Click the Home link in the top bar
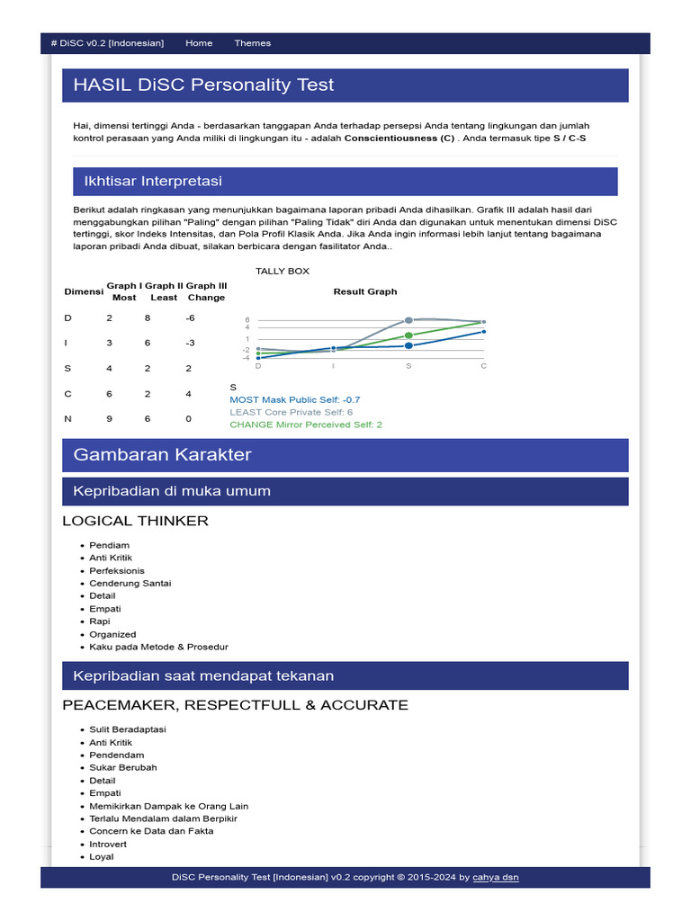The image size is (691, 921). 199,43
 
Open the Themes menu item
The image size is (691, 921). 252,43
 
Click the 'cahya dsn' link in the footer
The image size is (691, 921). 496,877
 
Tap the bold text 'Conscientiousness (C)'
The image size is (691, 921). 399,139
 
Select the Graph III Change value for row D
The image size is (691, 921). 190,318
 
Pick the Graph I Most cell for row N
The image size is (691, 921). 110,419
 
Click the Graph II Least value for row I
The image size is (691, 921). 148,344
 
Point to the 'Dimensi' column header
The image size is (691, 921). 84,291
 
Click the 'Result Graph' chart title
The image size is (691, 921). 364,291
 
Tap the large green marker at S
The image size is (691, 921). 408,335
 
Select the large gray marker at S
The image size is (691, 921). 408,320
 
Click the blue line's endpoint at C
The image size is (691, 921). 484,332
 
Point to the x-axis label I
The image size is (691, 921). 333,366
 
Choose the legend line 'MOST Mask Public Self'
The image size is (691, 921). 294,399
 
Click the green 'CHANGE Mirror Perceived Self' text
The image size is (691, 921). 306,425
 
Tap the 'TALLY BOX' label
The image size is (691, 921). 283,271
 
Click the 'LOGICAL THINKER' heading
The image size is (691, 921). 135,521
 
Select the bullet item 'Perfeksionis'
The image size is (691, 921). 117,570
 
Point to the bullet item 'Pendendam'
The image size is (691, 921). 117,755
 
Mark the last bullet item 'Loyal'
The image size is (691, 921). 102,857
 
